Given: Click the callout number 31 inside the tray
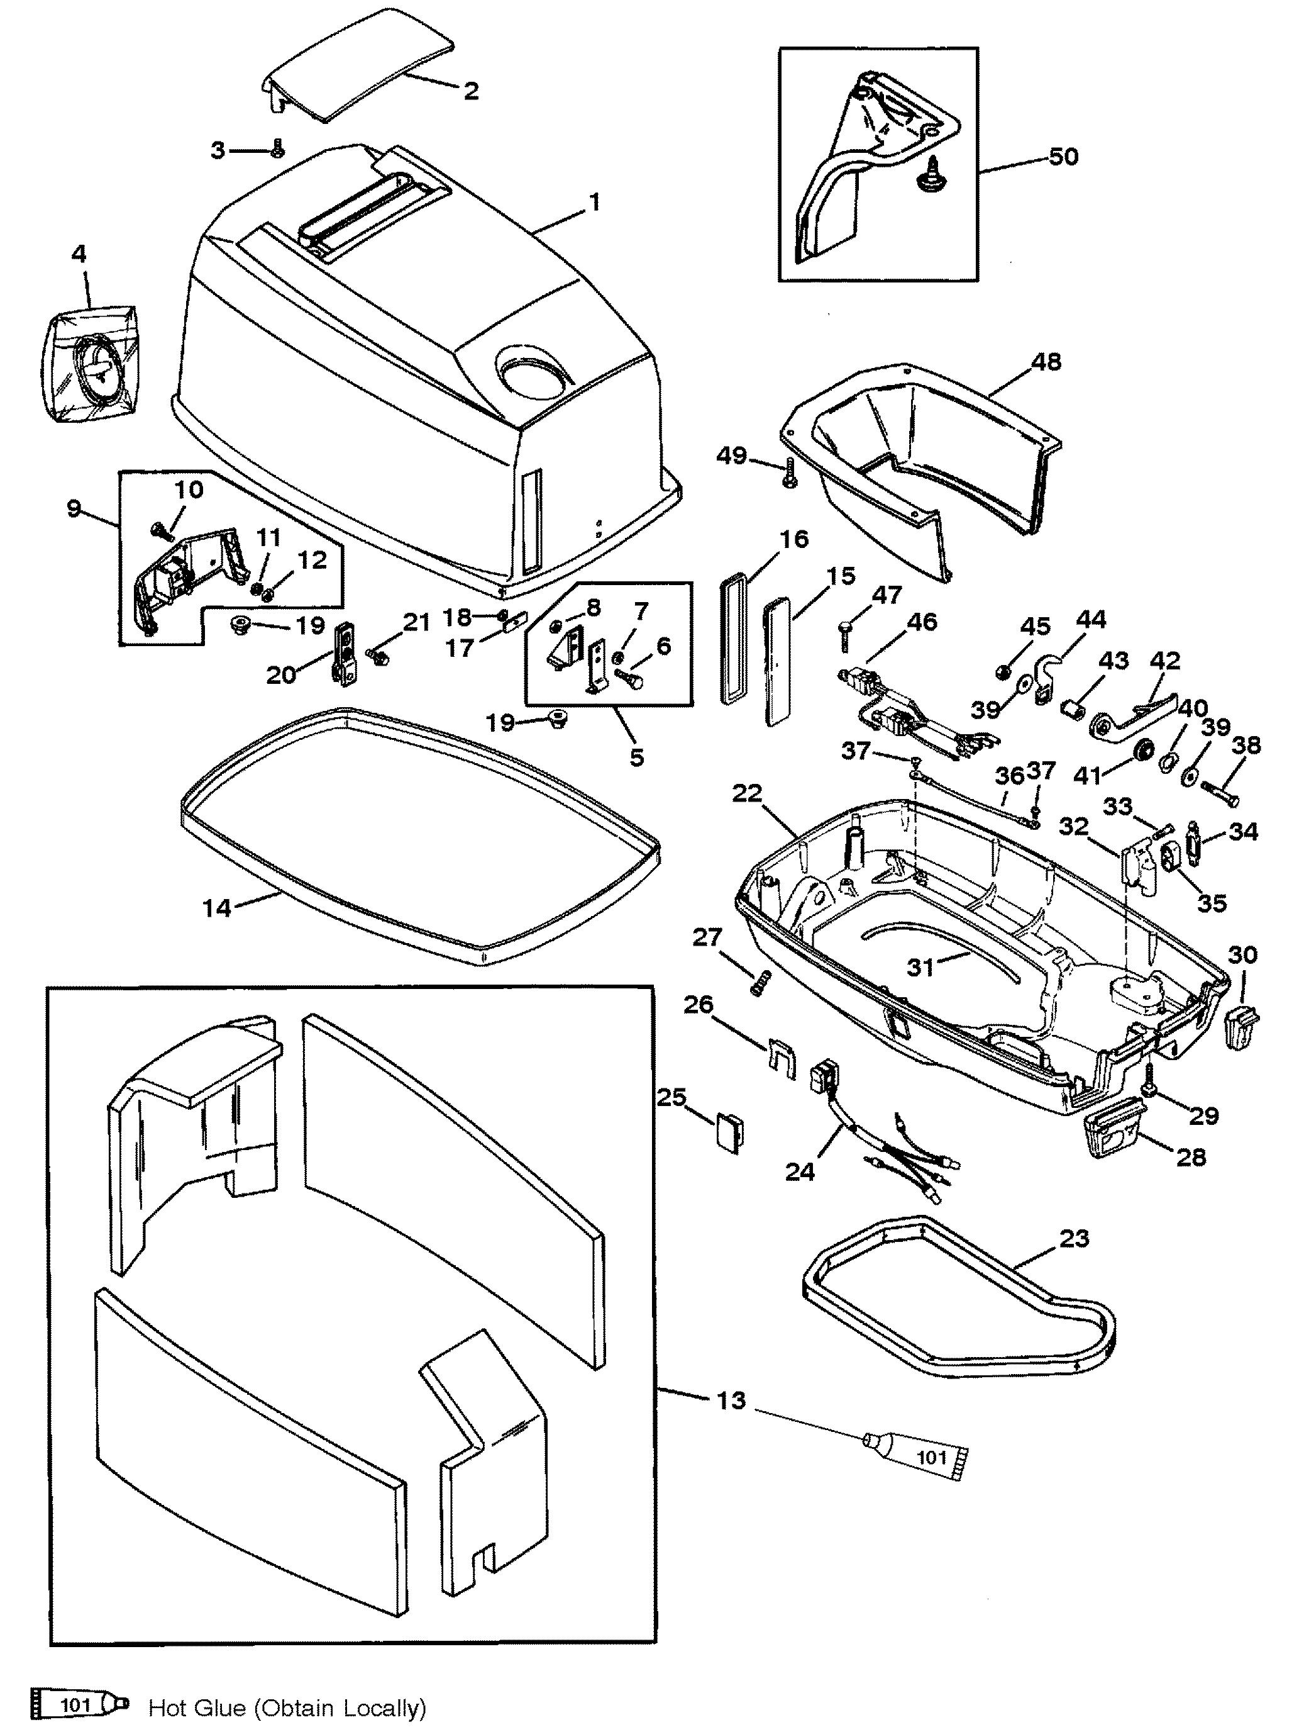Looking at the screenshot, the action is click(922, 966).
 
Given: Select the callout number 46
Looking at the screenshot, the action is click(922, 622).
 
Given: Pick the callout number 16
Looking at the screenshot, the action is click(793, 539).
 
